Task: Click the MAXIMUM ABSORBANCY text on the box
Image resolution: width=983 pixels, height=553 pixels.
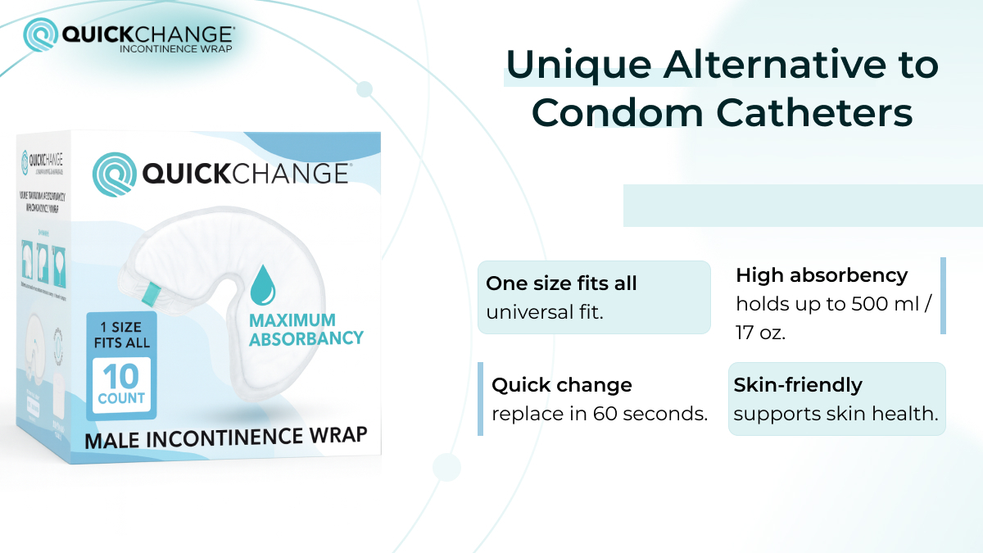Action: pyautogui.click(x=306, y=329)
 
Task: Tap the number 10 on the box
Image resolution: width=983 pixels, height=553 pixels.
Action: pyautogui.click(x=121, y=376)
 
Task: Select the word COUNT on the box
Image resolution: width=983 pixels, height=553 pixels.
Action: pyautogui.click(x=121, y=398)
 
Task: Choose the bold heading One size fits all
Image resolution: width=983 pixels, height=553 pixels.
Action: pyautogui.click(x=561, y=283)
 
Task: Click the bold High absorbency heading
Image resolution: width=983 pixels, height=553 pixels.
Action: pyautogui.click(x=822, y=275)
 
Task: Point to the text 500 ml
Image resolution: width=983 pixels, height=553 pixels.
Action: pyautogui.click(x=886, y=304)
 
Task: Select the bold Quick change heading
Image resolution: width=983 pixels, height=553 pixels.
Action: pyautogui.click(x=562, y=385)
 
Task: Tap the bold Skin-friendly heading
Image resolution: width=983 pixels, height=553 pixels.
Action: pyautogui.click(x=798, y=385)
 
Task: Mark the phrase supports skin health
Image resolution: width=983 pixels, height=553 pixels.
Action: pyautogui.click(x=836, y=414)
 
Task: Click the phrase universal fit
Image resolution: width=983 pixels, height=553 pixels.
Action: pyautogui.click(x=545, y=312)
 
